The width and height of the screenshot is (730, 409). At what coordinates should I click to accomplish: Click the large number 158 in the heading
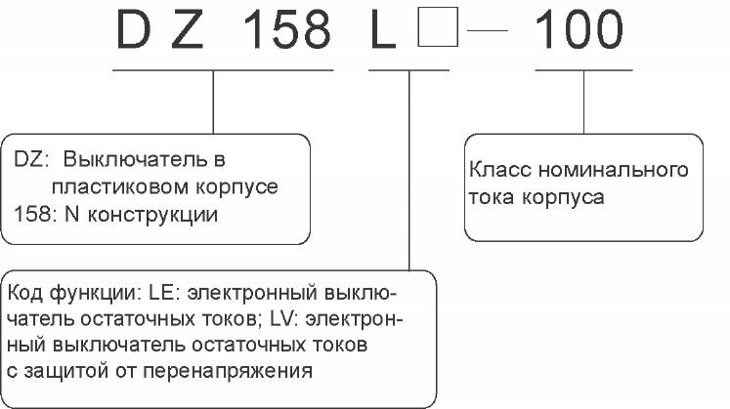click(x=286, y=30)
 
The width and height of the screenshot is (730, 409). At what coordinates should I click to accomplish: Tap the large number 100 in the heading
click(x=579, y=30)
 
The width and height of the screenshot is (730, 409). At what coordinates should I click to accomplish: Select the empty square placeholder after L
click(x=438, y=27)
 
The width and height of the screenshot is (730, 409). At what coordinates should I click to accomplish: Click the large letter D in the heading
click(x=134, y=30)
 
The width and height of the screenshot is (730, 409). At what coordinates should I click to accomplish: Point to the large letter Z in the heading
click(x=188, y=30)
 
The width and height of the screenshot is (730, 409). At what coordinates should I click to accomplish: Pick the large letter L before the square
click(x=383, y=30)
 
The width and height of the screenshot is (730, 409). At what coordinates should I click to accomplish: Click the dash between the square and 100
click(x=488, y=30)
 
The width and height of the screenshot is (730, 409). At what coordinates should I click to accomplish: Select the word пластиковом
click(x=119, y=187)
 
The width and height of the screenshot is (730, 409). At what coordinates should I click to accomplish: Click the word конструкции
click(x=152, y=215)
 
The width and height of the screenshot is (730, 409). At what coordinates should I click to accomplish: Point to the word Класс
click(x=500, y=170)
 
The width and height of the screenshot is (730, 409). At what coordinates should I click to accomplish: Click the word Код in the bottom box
click(x=25, y=293)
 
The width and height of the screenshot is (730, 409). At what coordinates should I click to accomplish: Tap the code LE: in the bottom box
click(x=162, y=293)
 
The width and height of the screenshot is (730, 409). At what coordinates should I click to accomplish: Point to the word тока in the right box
click(x=492, y=197)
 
